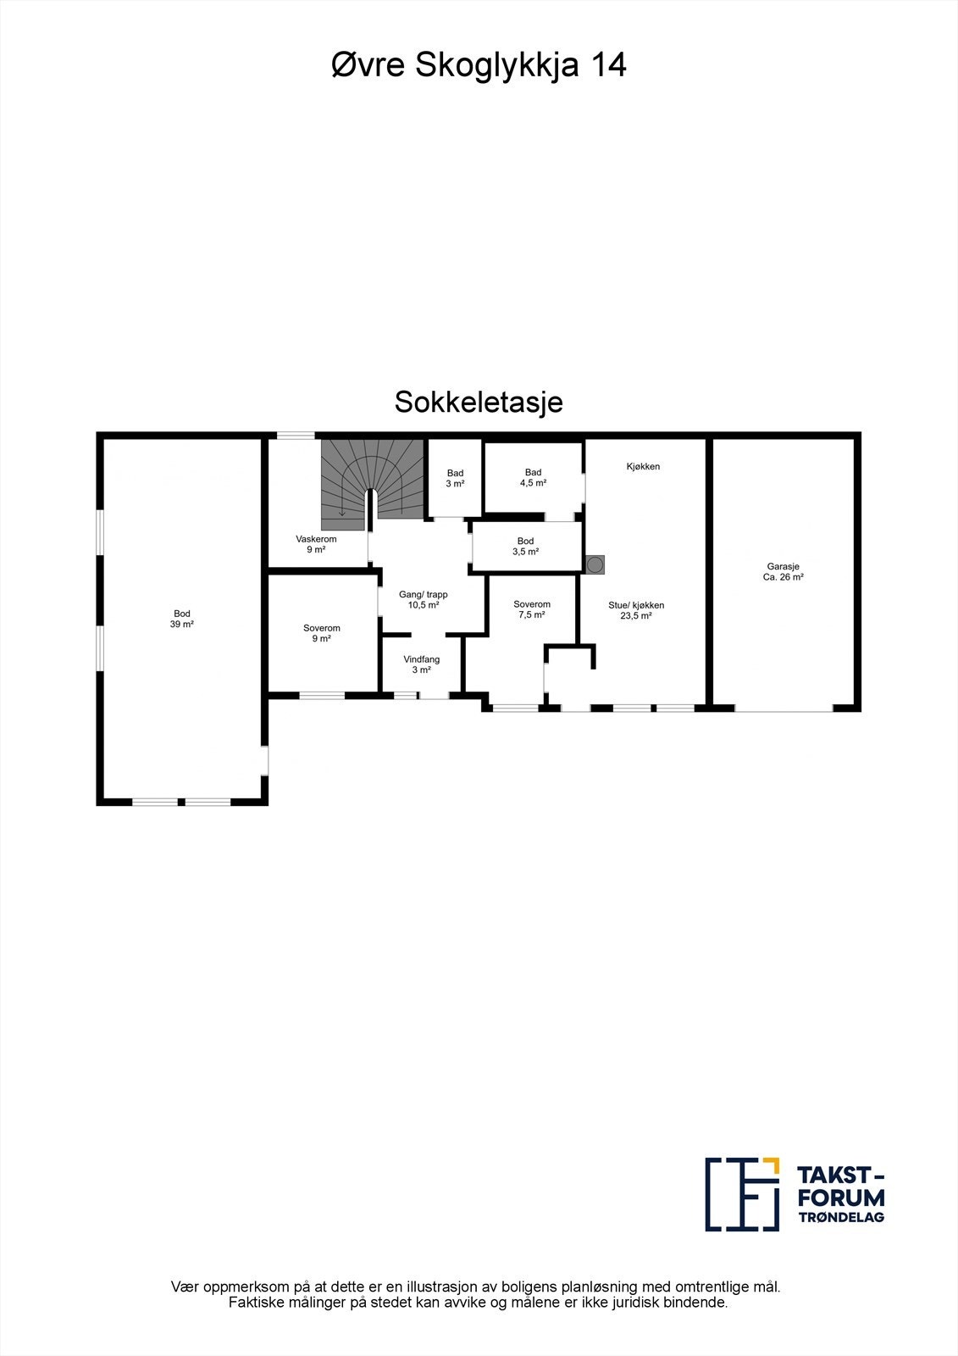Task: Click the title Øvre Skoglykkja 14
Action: click(479, 65)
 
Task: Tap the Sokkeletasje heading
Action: click(479, 402)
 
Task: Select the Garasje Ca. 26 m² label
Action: click(784, 572)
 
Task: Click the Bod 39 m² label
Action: click(182, 619)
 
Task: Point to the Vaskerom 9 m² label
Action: click(316, 544)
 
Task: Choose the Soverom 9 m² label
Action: click(321, 633)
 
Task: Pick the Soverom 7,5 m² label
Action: click(531, 609)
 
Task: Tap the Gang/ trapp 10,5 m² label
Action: click(424, 600)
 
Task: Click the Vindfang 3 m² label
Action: click(421, 664)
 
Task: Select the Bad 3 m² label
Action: click(455, 479)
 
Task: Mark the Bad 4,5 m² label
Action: click(533, 477)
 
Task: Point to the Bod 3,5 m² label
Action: click(525, 546)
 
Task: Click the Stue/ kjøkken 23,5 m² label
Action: click(636, 610)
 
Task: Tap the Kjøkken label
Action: click(643, 466)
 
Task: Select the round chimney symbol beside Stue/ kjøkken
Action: click(595, 564)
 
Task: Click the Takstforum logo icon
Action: click(743, 1193)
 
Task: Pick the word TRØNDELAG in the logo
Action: click(841, 1217)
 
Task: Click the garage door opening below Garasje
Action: click(784, 708)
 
